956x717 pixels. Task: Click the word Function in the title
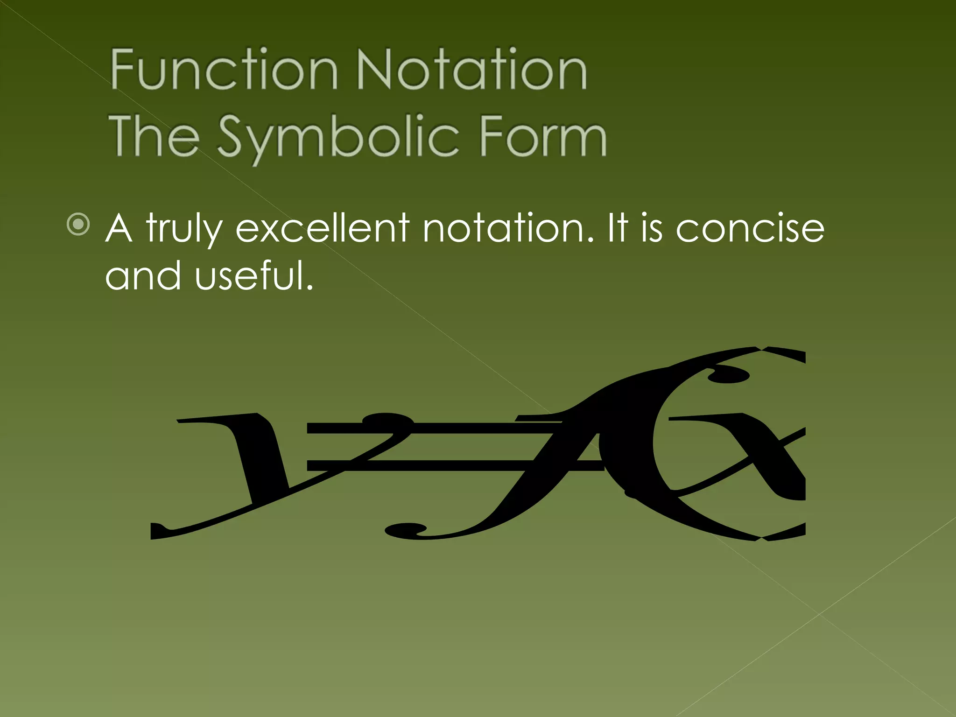pos(224,70)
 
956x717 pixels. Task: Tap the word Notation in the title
pos(471,70)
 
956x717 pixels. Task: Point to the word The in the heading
pos(155,136)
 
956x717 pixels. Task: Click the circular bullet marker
pos(78,225)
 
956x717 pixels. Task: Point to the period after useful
pos(309,286)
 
